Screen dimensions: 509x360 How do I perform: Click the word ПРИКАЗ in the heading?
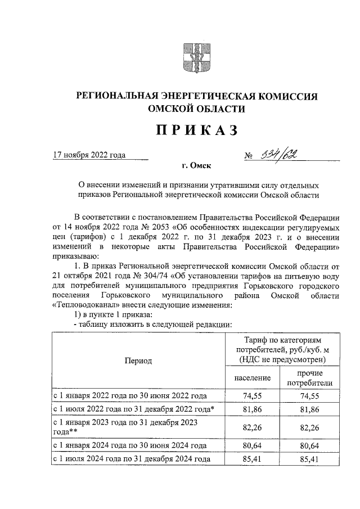[x=197, y=130]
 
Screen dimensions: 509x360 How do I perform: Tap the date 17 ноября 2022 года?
[x=89, y=155]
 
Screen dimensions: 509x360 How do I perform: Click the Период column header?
[x=138, y=361]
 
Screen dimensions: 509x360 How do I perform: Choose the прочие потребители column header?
[x=309, y=378]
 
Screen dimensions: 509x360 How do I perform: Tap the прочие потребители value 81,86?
[x=309, y=411]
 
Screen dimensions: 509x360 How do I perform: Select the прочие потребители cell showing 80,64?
[x=309, y=446]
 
